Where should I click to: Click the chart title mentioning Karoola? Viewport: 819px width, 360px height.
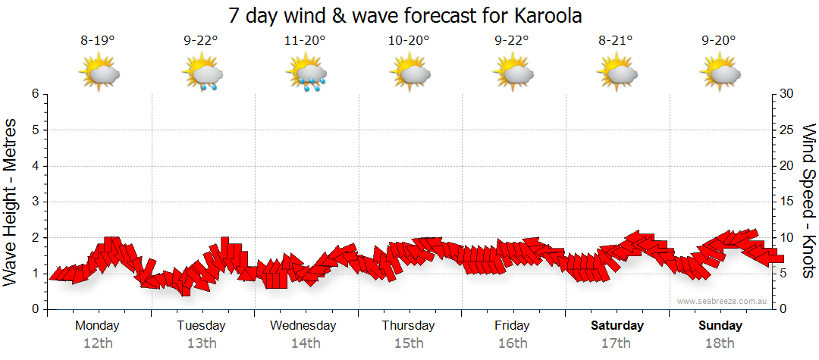pyautogui.click(x=409, y=15)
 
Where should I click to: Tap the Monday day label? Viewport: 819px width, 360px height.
pyautogui.click(x=97, y=325)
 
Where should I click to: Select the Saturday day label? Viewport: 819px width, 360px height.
pyautogui.click(x=617, y=325)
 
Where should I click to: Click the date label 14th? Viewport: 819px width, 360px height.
pyautogui.click(x=305, y=343)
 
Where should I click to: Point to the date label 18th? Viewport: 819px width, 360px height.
pyautogui.click(x=720, y=343)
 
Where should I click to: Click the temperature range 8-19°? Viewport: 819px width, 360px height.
pyautogui.click(x=98, y=41)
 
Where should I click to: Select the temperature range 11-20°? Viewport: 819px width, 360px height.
pyautogui.click(x=305, y=41)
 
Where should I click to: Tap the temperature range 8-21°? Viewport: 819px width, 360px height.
pyautogui.click(x=615, y=41)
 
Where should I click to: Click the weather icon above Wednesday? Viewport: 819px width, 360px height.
pyautogui.click(x=306, y=74)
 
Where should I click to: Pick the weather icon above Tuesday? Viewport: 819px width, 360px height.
pyautogui.click(x=202, y=74)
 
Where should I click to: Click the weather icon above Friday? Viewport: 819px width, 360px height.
pyautogui.click(x=513, y=74)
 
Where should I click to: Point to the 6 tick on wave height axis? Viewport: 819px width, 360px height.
pyautogui.click(x=35, y=94)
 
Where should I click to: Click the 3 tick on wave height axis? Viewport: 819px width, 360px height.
pyautogui.click(x=35, y=202)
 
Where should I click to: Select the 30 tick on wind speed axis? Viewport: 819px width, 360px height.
pyautogui.click(x=788, y=94)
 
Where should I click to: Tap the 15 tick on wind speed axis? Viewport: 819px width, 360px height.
pyautogui.click(x=788, y=202)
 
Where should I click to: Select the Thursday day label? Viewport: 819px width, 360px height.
pyautogui.click(x=408, y=325)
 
